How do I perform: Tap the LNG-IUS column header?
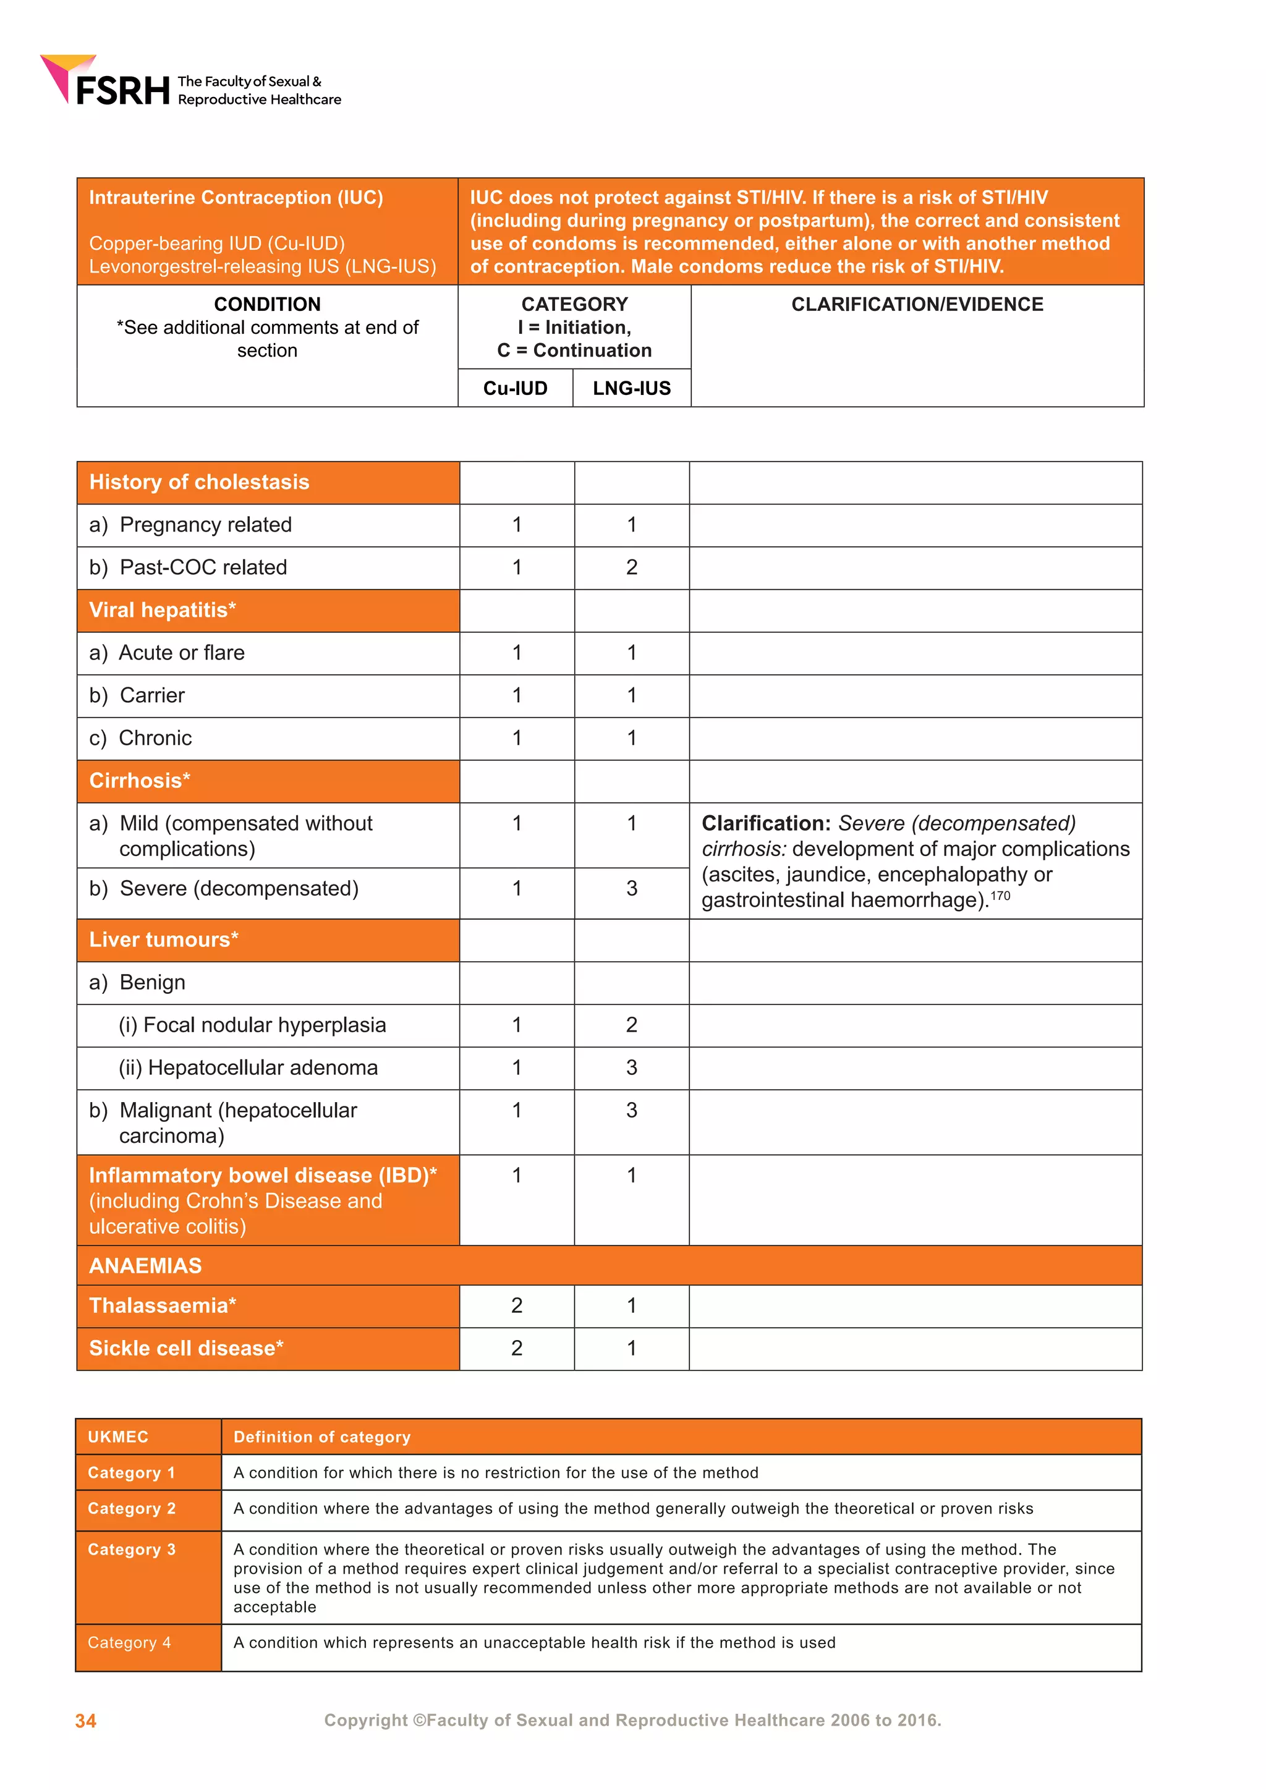[631, 388]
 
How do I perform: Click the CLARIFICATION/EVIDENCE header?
[917, 304]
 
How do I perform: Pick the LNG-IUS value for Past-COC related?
[631, 567]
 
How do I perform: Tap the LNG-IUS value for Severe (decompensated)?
[631, 889]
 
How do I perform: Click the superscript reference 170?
[1000, 896]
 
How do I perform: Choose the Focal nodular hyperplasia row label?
[252, 1025]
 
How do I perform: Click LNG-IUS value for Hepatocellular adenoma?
[631, 1068]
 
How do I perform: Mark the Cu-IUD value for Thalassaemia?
[516, 1306]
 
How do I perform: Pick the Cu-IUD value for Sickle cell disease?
[516, 1349]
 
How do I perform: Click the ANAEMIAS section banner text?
[145, 1265]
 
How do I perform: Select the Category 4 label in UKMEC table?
[129, 1643]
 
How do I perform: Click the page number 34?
[86, 1721]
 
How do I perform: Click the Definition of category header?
[321, 1437]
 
